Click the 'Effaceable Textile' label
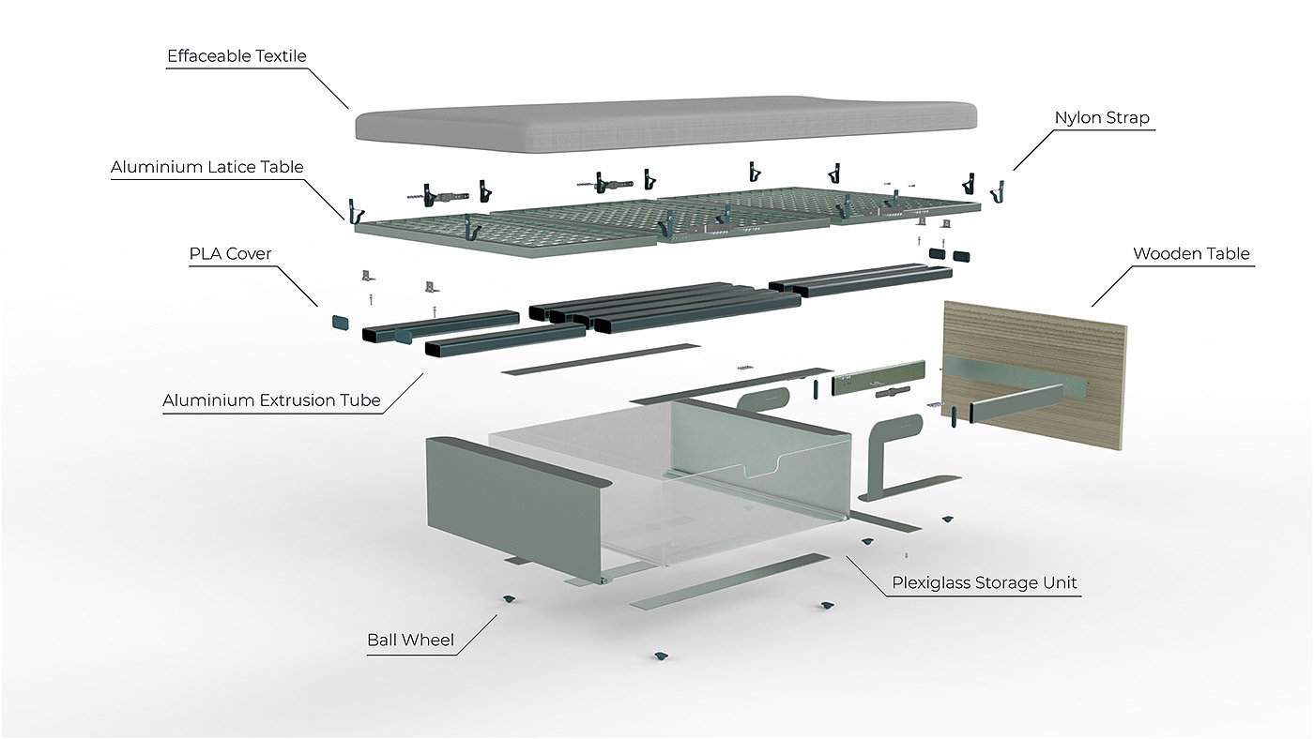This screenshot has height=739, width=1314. (237, 56)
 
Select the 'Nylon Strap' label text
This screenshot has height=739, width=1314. (1101, 118)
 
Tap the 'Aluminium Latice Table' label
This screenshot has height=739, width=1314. (207, 168)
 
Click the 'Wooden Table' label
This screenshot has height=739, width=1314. (1191, 254)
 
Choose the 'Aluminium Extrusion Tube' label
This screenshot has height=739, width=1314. (271, 400)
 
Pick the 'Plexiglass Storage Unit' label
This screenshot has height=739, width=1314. (984, 582)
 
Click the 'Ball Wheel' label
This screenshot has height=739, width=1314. (410, 641)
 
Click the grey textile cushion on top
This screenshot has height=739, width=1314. (665, 122)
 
